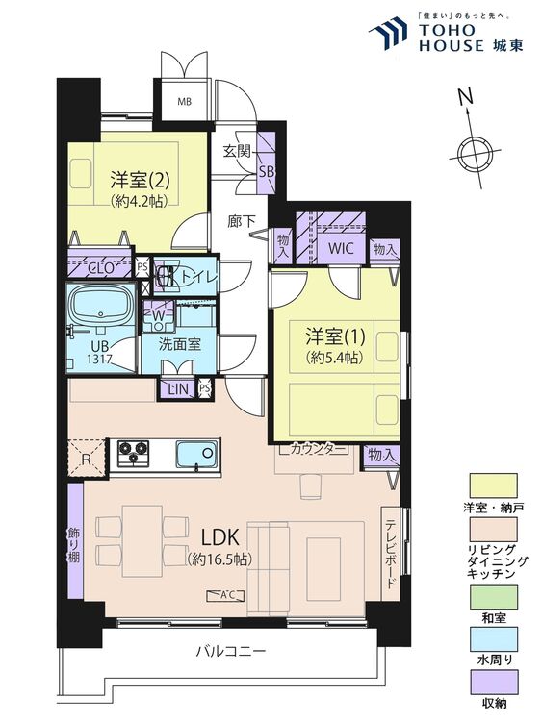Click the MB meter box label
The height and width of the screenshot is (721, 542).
coord(185,102)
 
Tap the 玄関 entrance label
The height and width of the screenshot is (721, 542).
coord(237,151)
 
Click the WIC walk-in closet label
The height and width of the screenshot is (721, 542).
coord(341,248)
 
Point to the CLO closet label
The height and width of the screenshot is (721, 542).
coord(100,268)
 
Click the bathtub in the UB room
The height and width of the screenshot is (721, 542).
coord(101,305)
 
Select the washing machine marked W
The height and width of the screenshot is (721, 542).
coord(159,316)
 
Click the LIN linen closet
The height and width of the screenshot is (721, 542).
coord(178,389)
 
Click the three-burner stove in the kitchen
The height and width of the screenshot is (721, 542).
coord(133,453)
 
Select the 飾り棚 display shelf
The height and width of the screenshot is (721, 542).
coord(75,540)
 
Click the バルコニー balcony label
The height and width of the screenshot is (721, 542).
coord(231,651)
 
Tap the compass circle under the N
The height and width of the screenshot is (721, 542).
coord(473,152)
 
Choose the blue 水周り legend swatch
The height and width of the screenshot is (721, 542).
coord(493,638)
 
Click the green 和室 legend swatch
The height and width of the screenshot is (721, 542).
coord(493,597)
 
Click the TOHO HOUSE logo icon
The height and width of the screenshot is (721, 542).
coord(388,32)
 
